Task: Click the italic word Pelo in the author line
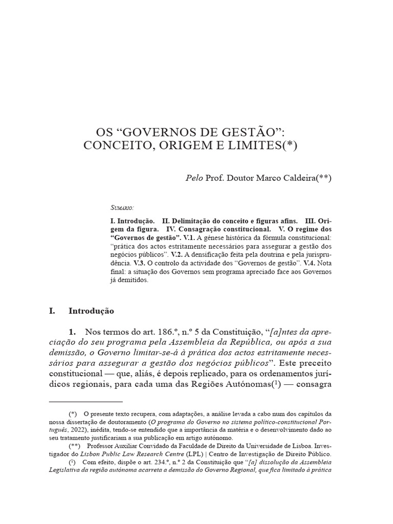pos(194,178)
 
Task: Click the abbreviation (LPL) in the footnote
pos(194,454)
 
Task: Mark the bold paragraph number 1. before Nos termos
pos(73,332)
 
